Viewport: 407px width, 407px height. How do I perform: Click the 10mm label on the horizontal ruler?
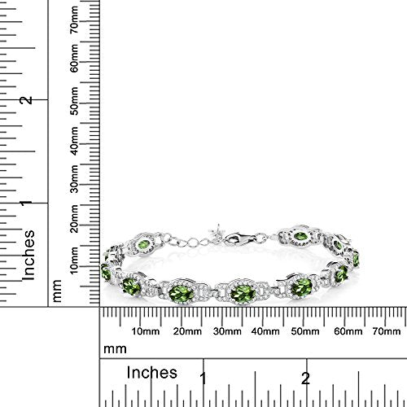[146, 331]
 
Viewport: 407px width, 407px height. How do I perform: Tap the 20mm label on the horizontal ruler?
[187, 331]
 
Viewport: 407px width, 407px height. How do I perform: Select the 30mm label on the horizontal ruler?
[227, 331]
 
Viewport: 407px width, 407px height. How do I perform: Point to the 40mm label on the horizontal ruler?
[265, 331]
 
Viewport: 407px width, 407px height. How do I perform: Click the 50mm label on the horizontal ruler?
[305, 331]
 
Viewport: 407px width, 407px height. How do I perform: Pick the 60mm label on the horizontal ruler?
[348, 331]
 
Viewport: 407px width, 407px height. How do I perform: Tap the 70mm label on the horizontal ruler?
[387, 331]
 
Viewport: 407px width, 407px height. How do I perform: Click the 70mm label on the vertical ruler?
[74, 20]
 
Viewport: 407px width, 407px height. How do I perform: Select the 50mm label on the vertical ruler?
[74, 101]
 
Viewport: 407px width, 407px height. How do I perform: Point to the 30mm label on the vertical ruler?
[74, 179]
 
